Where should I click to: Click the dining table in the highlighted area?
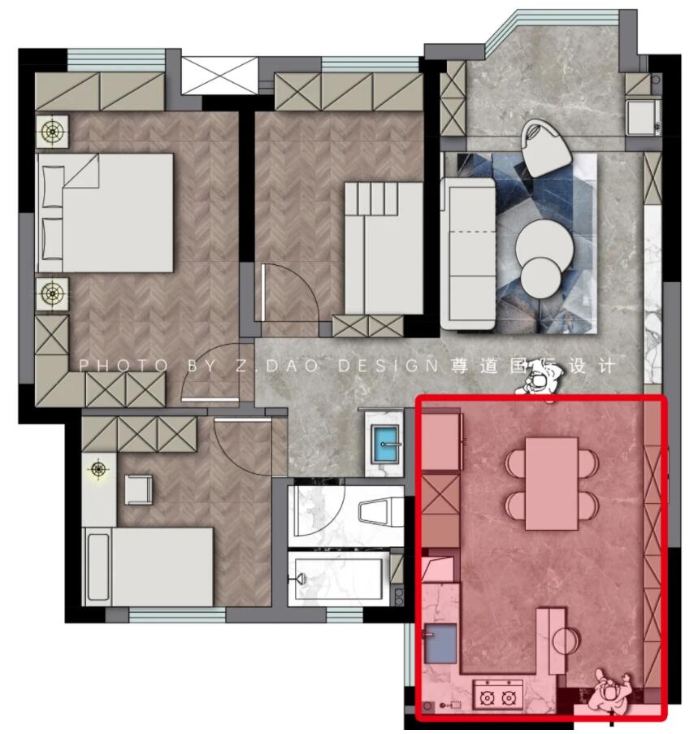(x=552, y=483)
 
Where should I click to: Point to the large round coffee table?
(x=544, y=245)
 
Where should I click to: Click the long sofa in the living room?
(x=468, y=253)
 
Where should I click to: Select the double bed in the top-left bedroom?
(x=106, y=213)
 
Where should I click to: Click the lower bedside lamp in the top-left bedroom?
(x=52, y=293)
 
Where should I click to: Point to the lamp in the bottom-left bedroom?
(x=98, y=469)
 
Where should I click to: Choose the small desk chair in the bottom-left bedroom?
(x=138, y=490)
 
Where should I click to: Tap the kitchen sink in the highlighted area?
(x=440, y=644)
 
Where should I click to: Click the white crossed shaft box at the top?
(x=219, y=75)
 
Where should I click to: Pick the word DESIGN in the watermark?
(x=388, y=366)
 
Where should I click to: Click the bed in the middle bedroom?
(x=384, y=248)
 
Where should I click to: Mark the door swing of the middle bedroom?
(x=291, y=293)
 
